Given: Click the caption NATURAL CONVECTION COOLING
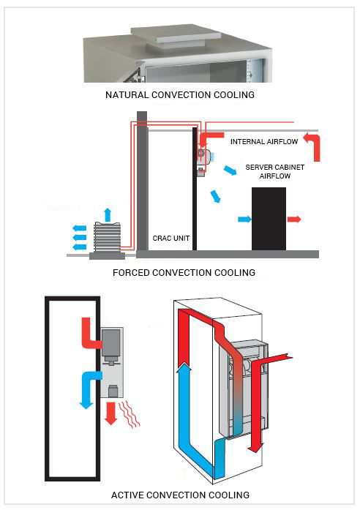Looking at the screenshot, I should (x=180, y=95).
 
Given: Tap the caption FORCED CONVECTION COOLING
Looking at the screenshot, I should (x=184, y=272).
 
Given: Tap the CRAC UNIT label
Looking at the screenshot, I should (x=171, y=238).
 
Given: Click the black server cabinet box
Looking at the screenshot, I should (x=269, y=218).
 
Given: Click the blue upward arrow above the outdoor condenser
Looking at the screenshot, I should (x=107, y=214).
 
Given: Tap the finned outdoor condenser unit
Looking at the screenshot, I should (x=107, y=239).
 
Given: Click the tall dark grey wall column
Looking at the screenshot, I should (x=142, y=183).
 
